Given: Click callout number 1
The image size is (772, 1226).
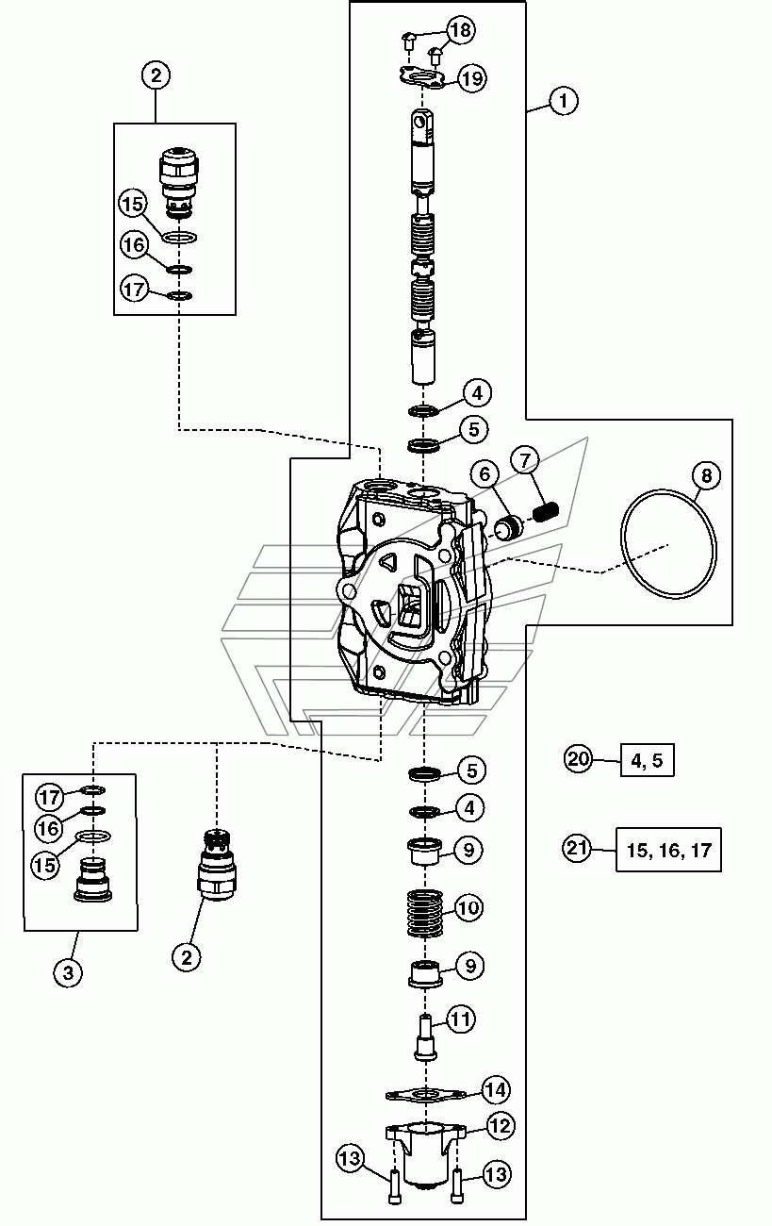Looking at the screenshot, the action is [563, 101].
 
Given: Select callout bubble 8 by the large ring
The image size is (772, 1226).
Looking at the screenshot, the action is [706, 475].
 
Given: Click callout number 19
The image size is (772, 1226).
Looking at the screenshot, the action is [471, 78].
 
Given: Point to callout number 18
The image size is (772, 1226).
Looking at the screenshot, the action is [461, 30].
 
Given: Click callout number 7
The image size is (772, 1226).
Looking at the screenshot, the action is [525, 460].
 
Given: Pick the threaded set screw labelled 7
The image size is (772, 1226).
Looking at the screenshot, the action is [546, 512].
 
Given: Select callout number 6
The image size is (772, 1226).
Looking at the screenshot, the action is [485, 474].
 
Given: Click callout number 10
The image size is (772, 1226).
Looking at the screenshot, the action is [468, 907].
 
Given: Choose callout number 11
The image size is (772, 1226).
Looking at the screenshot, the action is [460, 1019].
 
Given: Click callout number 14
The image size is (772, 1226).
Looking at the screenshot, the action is [496, 1089].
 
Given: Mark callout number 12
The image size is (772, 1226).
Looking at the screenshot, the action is [501, 1125].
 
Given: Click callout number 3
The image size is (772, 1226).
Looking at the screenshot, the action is [68, 972].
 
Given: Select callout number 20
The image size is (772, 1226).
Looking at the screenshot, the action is [579, 759].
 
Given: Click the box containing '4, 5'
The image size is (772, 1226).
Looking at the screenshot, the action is [648, 760].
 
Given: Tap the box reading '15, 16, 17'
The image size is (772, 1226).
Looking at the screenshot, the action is [668, 850].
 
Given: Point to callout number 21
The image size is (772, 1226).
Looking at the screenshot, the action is [577, 849].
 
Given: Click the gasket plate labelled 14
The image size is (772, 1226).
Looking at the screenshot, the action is [426, 1095].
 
